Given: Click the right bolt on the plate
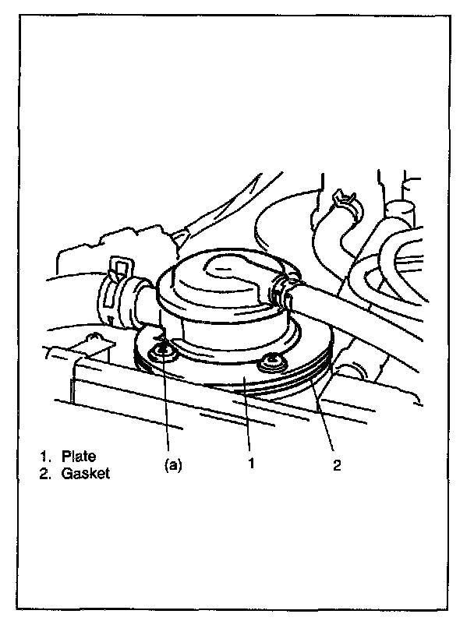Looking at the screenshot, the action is click(x=271, y=361).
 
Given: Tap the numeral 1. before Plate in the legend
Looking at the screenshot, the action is click(x=46, y=457).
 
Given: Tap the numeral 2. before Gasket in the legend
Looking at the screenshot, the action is click(x=46, y=473).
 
